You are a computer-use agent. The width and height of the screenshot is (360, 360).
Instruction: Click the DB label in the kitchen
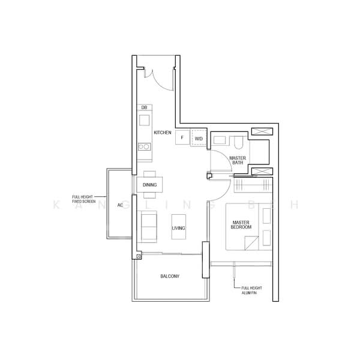click(144, 107)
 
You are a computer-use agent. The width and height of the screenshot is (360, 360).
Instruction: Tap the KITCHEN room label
click(163, 132)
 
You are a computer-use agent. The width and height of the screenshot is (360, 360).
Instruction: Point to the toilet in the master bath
click(239, 142)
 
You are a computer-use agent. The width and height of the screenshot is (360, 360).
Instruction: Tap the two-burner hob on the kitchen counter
click(144, 145)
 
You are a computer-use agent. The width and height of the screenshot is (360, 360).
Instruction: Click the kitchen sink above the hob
click(144, 120)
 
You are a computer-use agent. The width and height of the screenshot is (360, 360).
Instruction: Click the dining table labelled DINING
click(150, 185)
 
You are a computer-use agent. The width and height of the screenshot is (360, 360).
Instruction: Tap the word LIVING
click(178, 229)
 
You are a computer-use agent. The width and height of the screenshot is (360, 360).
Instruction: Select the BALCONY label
click(170, 276)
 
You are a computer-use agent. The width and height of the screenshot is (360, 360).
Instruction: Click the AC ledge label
click(120, 205)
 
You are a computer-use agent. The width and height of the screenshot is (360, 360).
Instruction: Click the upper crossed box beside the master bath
click(262, 132)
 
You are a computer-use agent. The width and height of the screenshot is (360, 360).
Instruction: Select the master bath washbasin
click(220, 140)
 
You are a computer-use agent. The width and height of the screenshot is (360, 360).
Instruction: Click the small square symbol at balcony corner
click(139, 256)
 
